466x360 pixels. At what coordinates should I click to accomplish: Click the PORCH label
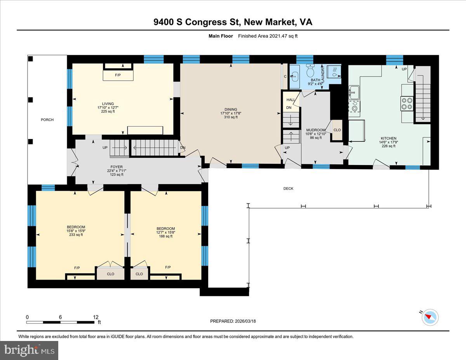tap(47, 120)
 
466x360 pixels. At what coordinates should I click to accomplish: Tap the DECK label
tap(288, 188)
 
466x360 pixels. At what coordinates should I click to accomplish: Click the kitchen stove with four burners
tap(407, 104)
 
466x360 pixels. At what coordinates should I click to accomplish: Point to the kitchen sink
tap(354, 92)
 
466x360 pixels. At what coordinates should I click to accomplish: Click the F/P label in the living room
tap(118, 75)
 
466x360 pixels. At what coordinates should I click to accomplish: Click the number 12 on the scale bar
tap(96, 317)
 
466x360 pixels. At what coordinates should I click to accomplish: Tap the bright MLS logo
tap(29, 351)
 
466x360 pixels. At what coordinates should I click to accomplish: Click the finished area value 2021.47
tap(278, 36)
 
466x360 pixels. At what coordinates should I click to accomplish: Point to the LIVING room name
tap(108, 104)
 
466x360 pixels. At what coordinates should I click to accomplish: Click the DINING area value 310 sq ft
tap(231, 117)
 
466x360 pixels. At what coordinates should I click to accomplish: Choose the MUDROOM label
tap(316, 130)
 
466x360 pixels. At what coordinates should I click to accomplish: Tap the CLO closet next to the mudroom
tap(337, 130)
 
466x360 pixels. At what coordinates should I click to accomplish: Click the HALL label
tap(291, 100)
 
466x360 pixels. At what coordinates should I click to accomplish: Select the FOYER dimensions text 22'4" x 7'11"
tap(116, 170)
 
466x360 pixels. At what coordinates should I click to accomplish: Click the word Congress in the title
tap(206, 22)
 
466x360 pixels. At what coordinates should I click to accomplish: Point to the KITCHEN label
tap(389, 138)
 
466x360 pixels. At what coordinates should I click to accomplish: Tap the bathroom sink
tap(294, 77)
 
